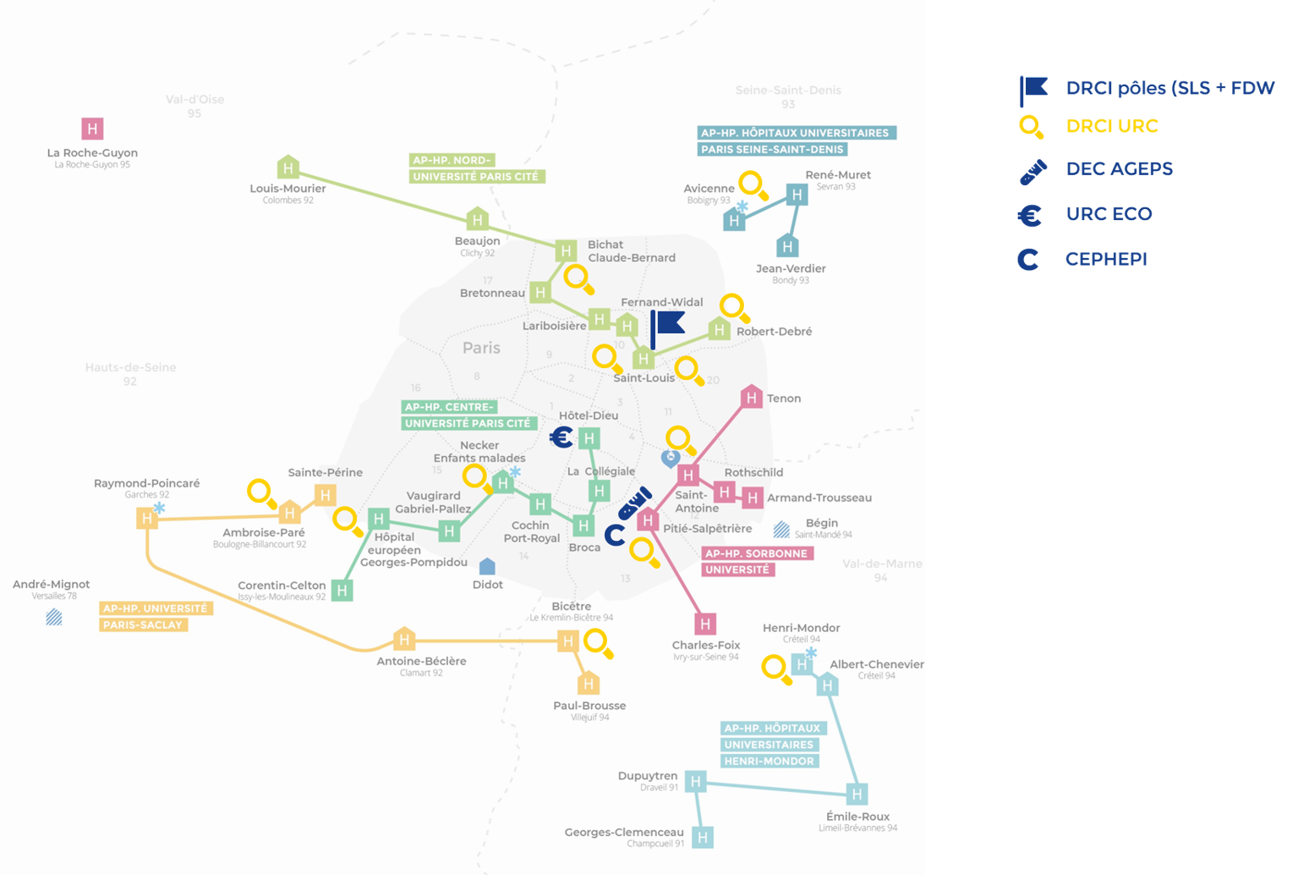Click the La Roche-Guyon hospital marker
(x=92, y=129)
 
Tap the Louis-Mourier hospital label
(x=288, y=188)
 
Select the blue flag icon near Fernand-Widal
(x=668, y=325)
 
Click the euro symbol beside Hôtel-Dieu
(x=561, y=437)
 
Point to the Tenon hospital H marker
(x=751, y=397)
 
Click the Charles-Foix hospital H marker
(x=705, y=625)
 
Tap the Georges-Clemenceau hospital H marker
(x=702, y=838)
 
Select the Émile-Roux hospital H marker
(x=857, y=794)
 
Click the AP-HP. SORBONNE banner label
(x=757, y=553)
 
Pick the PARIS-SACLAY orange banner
(x=142, y=625)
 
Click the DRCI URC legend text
(x=1112, y=127)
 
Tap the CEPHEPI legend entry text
(x=1106, y=259)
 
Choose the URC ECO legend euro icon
(x=1029, y=215)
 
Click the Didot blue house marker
(x=487, y=566)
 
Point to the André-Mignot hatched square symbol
(x=54, y=617)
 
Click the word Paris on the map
(x=481, y=348)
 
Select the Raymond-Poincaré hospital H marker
(x=147, y=518)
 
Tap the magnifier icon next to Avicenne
(x=752, y=184)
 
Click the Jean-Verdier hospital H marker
(x=787, y=246)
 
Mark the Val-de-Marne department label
(x=882, y=564)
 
